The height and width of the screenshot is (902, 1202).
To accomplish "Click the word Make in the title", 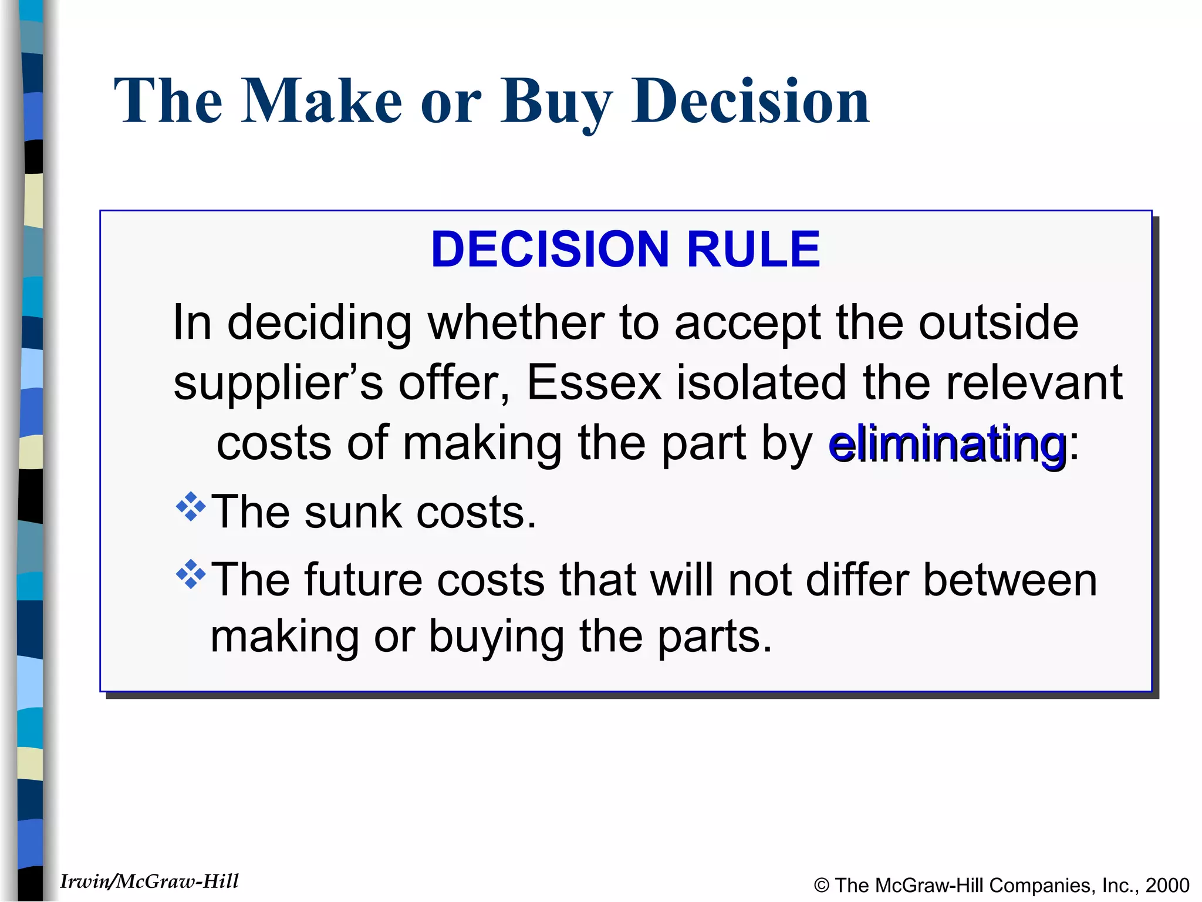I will point(321,101).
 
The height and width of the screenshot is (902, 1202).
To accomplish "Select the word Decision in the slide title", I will point(750,101).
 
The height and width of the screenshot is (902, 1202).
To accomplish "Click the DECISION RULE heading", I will point(625,250).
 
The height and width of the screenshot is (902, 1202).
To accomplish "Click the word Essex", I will point(594,383).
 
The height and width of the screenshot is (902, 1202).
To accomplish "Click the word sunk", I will point(352,512).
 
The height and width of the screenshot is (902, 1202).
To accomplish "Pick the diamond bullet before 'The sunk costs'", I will point(191,506).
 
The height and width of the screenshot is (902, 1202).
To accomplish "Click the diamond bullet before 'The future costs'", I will point(191,574).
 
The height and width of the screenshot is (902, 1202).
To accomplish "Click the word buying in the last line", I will point(497,638).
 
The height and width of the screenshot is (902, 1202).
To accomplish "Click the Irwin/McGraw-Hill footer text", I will point(150,881).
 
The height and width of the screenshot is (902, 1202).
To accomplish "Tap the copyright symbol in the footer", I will point(822,886).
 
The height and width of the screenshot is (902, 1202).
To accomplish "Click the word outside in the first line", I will point(998,323).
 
